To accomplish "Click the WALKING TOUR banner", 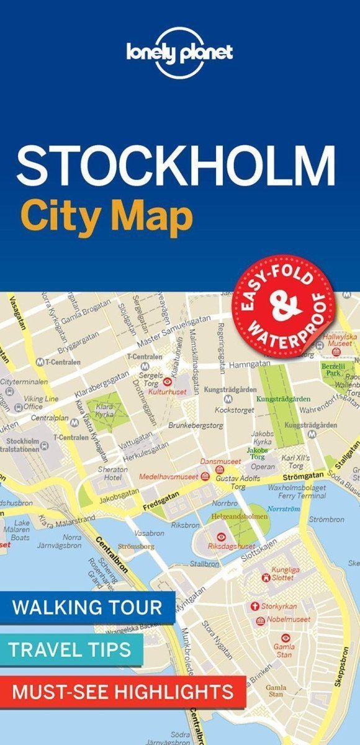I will click(x=87, y=607).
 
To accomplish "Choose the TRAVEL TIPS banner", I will click(x=70, y=649).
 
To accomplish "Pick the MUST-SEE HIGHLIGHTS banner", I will click(x=122, y=690).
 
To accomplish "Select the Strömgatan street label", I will click(x=303, y=475).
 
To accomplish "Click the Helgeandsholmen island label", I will click(x=247, y=516).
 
